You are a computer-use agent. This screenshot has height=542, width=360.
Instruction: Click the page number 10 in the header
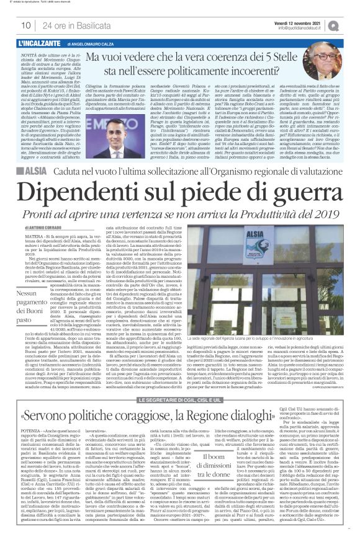(x=26, y=25)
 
